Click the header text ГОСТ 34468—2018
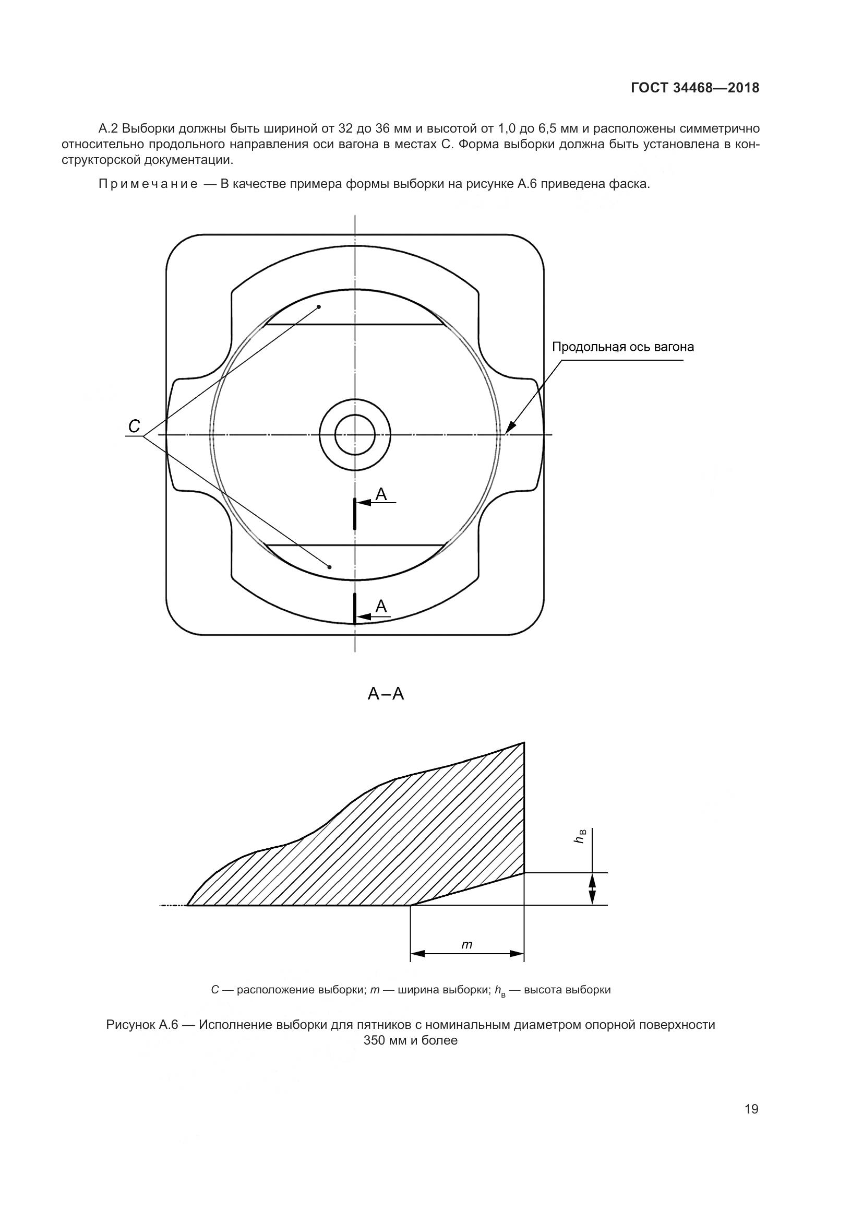695,88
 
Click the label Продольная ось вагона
623,347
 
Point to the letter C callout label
135,425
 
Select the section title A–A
386,693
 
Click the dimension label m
466,944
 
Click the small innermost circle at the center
355,435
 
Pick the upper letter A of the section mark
381,494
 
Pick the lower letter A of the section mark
381,606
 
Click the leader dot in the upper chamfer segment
319,307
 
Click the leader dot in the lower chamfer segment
329,567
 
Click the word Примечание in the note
148,184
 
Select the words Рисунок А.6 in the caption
142,1025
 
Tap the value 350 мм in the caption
386,1041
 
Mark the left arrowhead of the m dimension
418,954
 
